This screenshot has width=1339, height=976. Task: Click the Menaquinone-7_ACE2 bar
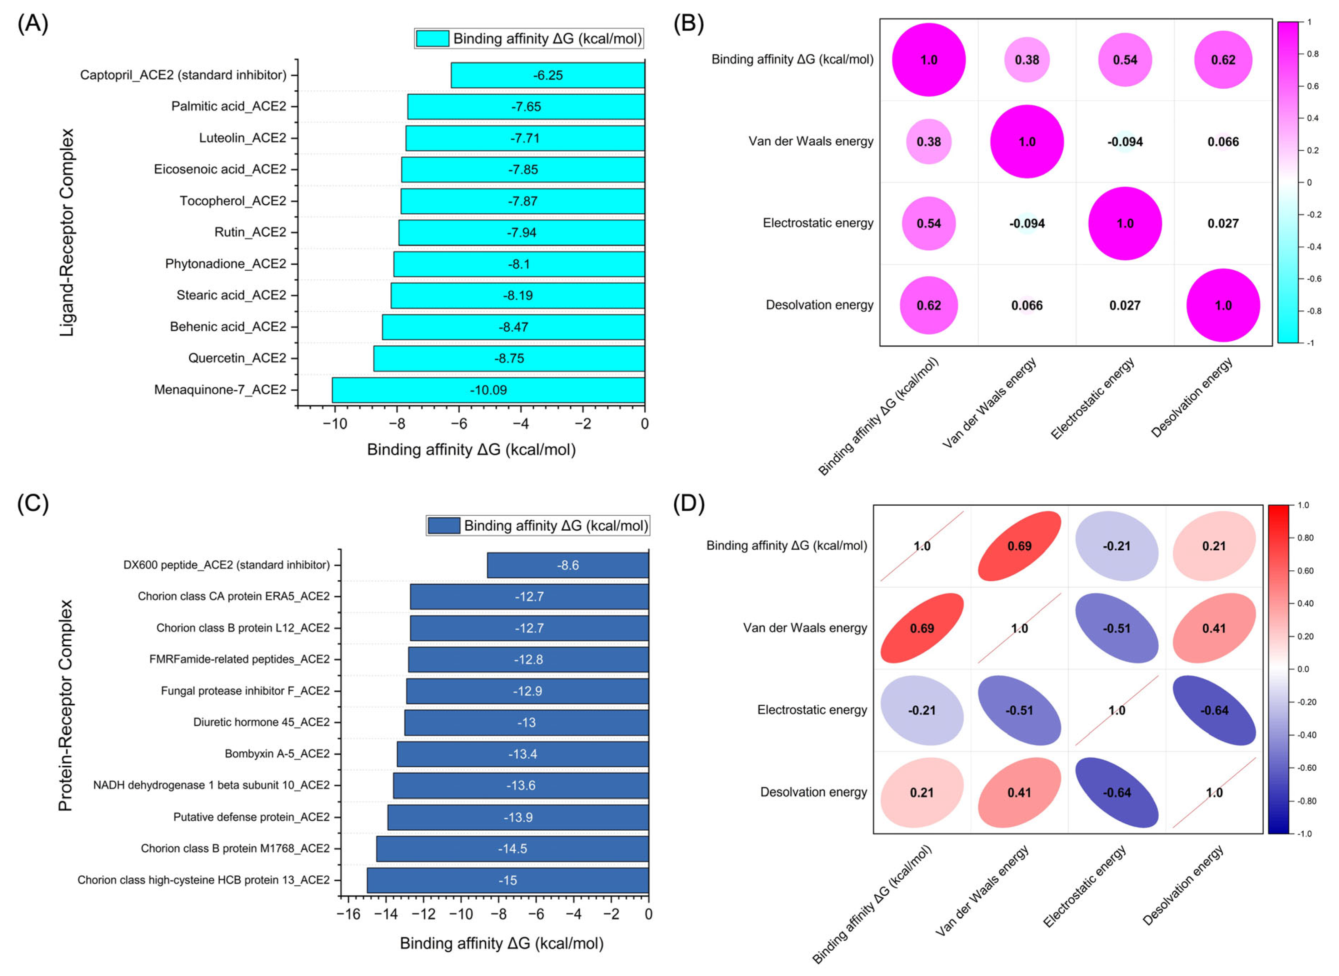click(x=488, y=390)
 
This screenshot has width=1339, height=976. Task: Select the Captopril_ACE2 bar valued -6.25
click(x=548, y=75)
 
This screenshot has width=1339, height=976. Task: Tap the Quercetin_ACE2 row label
click(x=237, y=358)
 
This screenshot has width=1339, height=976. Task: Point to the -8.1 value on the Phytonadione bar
click(x=519, y=264)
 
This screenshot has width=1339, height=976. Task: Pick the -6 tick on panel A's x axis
click(x=459, y=424)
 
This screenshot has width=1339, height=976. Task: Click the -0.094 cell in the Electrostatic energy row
click(x=1027, y=223)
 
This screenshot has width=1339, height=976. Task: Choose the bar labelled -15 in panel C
click(x=508, y=880)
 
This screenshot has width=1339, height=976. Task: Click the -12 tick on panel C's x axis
click(x=423, y=914)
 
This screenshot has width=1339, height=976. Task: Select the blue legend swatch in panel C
click(x=443, y=525)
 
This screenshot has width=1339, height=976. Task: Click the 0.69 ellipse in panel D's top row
click(x=1019, y=546)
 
